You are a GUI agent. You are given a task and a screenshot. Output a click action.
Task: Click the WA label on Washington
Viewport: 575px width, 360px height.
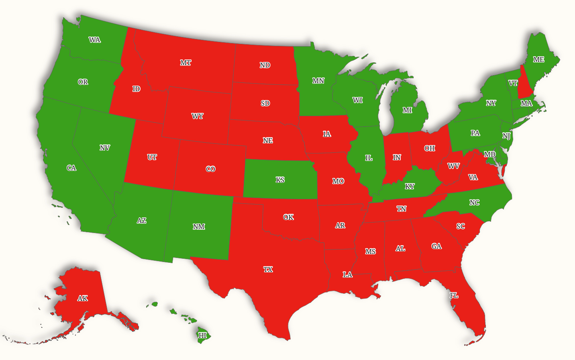coord(95,40)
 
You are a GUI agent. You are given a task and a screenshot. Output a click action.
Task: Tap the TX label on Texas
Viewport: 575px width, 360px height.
coord(268,270)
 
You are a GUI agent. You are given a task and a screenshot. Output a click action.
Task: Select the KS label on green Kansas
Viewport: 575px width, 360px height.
coord(280,180)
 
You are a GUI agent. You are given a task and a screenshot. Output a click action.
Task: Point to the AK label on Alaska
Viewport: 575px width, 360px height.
coord(83,298)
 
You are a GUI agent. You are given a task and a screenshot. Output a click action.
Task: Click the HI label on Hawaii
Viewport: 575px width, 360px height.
coord(203,335)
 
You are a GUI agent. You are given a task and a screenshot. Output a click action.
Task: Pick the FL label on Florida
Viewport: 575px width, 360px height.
coord(454,295)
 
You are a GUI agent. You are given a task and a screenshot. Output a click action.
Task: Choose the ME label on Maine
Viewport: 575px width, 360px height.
coord(538,59)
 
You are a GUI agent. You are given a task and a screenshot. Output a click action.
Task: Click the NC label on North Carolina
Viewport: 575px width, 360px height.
coord(474,202)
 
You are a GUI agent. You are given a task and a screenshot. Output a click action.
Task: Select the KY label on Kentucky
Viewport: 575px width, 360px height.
coord(410,186)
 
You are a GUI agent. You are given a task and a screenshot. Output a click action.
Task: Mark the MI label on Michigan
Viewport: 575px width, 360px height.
coord(407,110)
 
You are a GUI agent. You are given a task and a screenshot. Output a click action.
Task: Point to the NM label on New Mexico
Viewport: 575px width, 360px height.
coord(199,227)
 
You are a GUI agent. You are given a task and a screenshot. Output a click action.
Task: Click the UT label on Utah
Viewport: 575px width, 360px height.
coord(152,157)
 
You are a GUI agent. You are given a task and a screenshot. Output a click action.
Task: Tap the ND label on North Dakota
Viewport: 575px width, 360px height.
coord(265,65)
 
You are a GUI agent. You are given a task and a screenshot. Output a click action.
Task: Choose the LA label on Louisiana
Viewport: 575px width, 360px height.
coord(348,275)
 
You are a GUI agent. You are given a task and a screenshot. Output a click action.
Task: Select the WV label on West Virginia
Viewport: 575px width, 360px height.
coord(453,166)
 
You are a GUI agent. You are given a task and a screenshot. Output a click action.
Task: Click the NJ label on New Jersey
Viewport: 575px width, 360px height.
coord(506,136)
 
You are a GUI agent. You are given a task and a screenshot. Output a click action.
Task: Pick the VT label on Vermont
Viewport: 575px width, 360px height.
coord(513,83)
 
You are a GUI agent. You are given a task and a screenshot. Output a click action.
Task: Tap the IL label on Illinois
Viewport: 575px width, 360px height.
coord(369,158)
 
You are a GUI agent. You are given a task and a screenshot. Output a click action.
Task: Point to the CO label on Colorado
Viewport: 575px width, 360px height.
coord(210,169)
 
